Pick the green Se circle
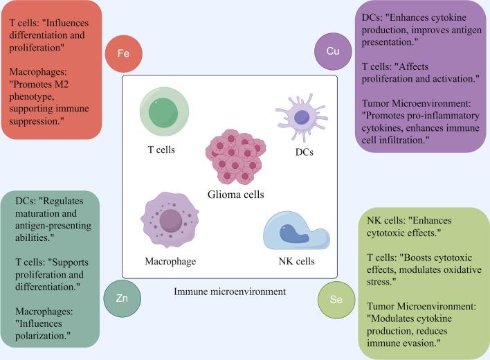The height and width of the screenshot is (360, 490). (x=335, y=300)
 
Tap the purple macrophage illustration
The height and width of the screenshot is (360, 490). (x=170, y=220)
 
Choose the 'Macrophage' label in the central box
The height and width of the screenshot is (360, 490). (x=170, y=262)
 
